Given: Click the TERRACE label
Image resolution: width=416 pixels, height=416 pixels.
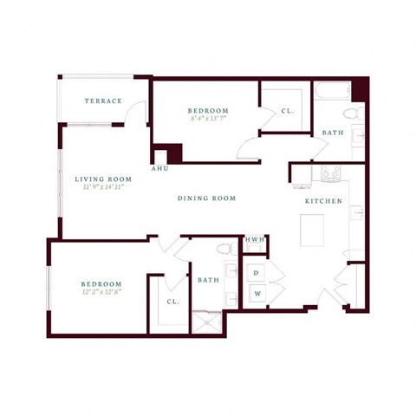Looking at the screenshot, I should pos(103,101).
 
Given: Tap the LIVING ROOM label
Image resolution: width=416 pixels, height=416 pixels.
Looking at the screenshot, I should pos(103,178).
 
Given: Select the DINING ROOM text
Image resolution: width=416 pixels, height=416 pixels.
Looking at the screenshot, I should pos(207,198).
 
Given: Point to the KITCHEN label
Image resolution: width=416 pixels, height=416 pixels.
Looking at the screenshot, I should pos(322,201).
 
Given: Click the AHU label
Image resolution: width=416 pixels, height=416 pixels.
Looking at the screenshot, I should pos(159,168).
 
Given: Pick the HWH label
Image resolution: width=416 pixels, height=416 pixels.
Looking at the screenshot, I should pos(255,239).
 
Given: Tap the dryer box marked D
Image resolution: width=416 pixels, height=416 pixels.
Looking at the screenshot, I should pos(256,273).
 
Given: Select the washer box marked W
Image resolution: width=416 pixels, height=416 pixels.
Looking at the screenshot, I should pos(256,293).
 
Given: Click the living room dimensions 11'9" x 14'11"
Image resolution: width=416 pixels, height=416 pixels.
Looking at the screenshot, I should pos(103,186).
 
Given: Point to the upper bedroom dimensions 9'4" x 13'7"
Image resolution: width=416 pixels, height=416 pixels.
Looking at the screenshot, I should pos(208,119).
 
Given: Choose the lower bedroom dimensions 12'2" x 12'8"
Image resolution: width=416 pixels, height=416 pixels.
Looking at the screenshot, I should pos(101,292).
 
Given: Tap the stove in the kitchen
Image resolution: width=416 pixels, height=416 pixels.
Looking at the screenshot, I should pos(330,172).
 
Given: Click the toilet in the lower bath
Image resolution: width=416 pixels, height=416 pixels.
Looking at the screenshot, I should pos(224,250).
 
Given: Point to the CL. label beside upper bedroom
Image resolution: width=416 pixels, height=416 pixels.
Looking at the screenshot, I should pos(287,111).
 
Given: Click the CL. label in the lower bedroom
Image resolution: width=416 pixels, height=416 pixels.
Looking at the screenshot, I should pos(172,302).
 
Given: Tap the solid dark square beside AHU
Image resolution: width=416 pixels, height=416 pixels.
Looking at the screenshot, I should pos(174,153).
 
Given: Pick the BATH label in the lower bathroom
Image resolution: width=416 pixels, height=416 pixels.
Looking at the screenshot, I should pos(208,280).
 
